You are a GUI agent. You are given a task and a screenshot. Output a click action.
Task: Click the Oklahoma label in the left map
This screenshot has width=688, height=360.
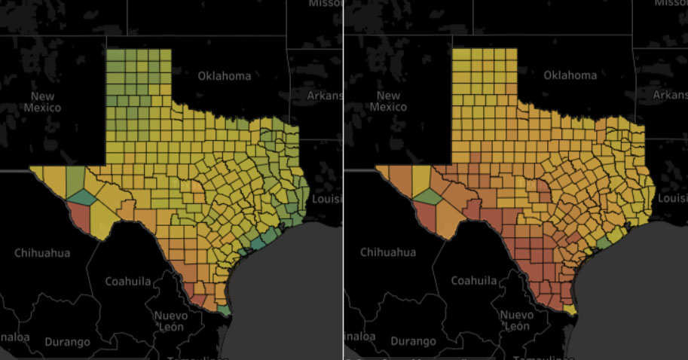point(224,76)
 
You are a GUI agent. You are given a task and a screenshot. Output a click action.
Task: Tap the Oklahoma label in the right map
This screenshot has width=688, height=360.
point(570,76)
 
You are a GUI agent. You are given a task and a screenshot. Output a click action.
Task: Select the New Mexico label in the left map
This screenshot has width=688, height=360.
point(42,102)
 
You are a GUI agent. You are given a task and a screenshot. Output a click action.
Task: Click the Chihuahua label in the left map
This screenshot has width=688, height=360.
point(42,253)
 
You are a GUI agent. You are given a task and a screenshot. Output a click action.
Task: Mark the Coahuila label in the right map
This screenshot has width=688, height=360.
point(474,281)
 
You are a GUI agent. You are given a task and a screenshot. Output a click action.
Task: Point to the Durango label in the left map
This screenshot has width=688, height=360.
point(67,341)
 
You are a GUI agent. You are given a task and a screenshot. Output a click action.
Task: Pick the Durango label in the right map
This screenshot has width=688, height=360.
point(413,341)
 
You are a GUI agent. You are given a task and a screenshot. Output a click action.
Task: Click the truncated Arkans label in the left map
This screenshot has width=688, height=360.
point(325,96)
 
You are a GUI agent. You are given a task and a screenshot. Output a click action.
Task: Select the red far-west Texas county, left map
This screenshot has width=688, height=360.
point(78,214)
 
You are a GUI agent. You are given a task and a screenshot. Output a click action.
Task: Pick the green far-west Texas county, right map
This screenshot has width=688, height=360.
point(427,197)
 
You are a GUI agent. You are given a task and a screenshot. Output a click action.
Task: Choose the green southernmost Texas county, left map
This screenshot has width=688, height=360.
point(224,309)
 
